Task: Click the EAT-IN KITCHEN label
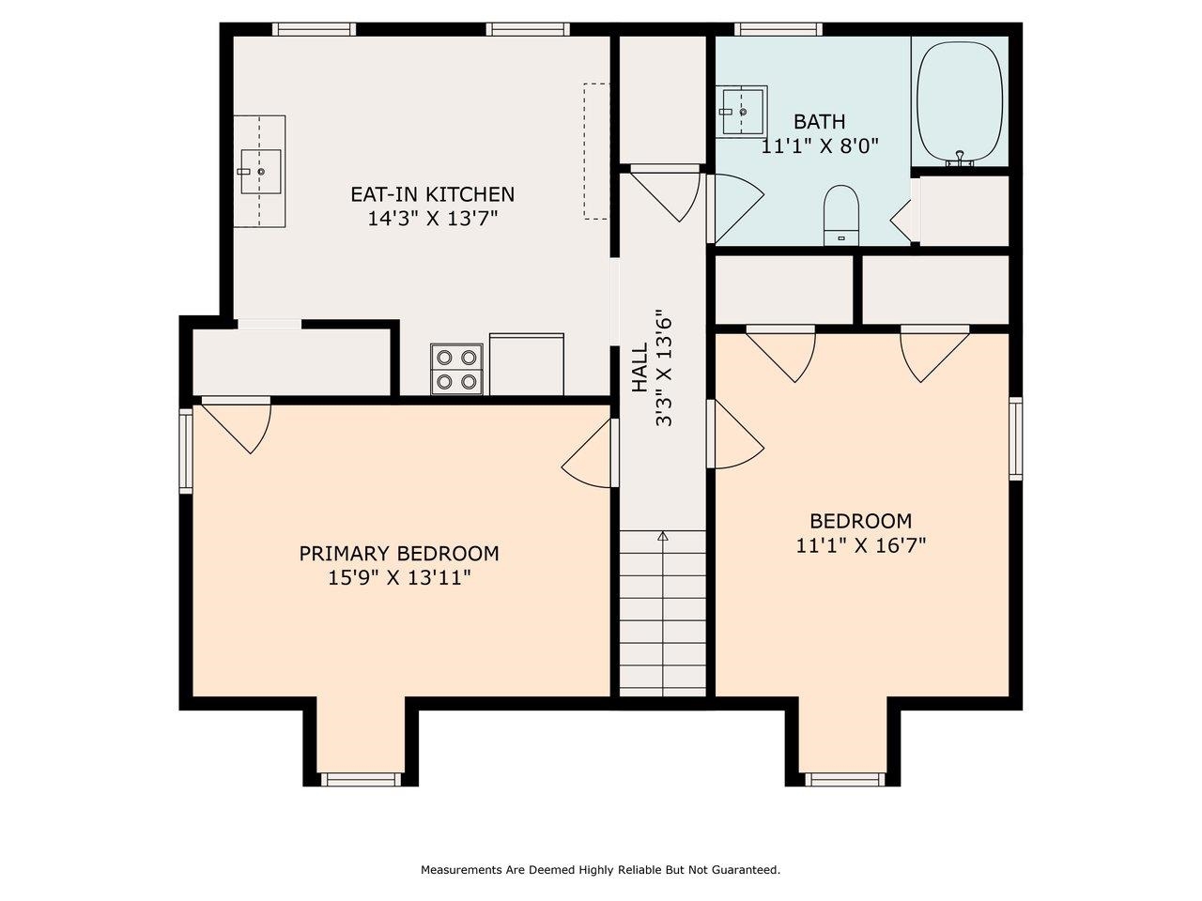pyautogui.click(x=432, y=194)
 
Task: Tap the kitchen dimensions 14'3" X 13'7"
pyautogui.click(x=432, y=219)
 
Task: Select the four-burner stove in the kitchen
pyautogui.click(x=457, y=369)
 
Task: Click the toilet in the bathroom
pyautogui.click(x=840, y=215)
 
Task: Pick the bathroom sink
pyautogui.click(x=743, y=111)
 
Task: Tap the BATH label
pyautogui.click(x=819, y=122)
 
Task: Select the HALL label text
pyautogui.click(x=640, y=368)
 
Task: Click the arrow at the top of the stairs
pyautogui.click(x=662, y=537)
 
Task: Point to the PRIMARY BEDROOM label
pyautogui.click(x=399, y=554)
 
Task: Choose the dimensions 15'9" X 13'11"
pyautogui.click(x=399, y=578)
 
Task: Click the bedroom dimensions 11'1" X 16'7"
pyautogui.click(x=860, y=545)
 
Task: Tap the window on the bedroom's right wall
pyautogui.click(x=1015, y=438)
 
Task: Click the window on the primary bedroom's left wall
pyautogui.click(x=186, y=451)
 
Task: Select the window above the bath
pyautogui.click(x=778, y=29)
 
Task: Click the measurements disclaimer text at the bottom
pyautogui.click(x=600, y=870)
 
